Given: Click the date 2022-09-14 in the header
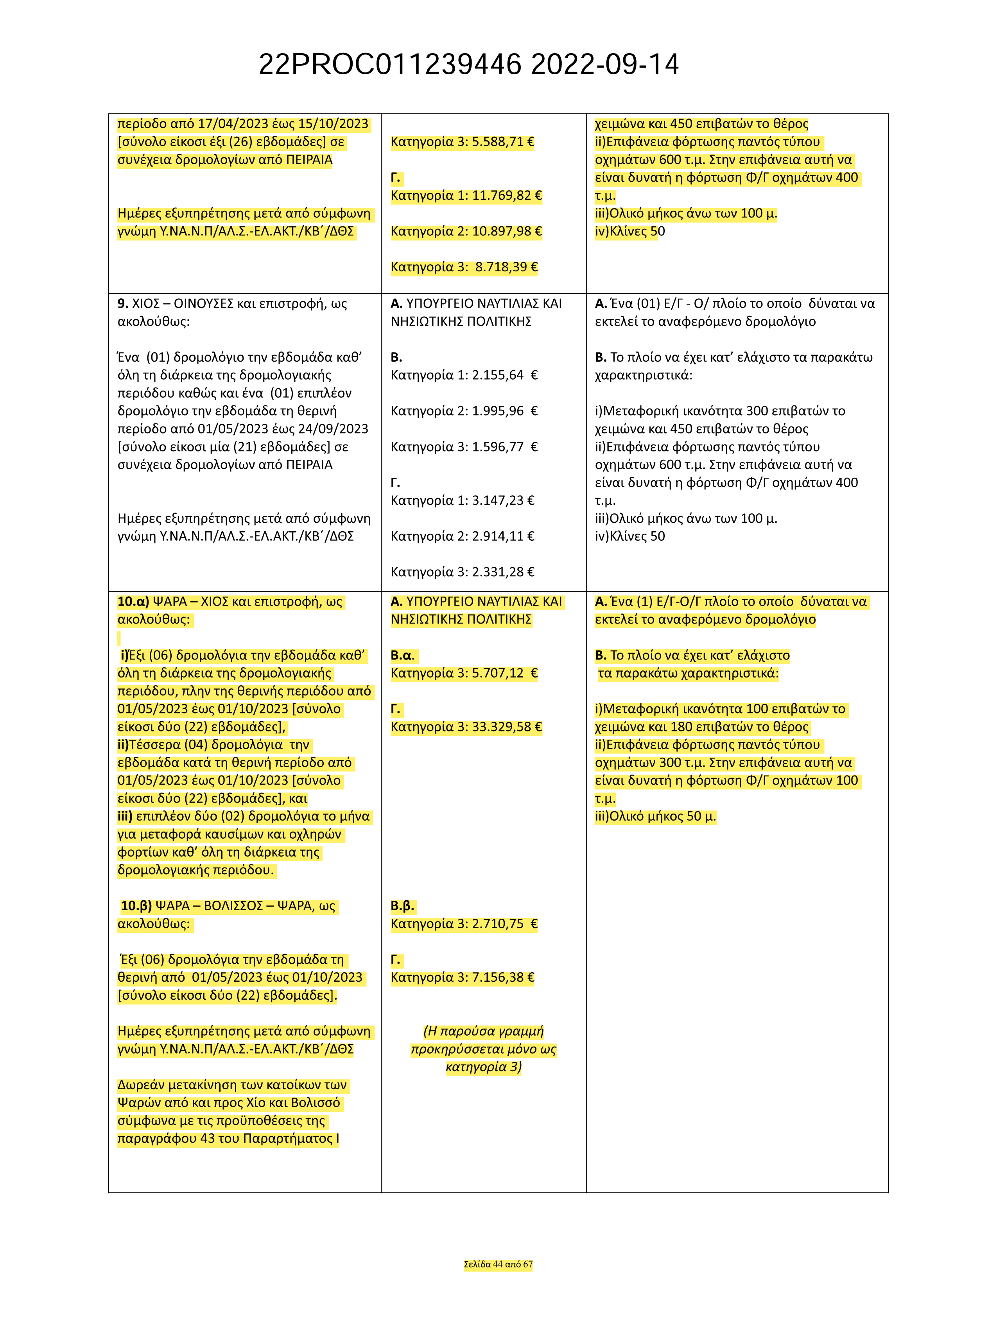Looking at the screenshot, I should pyautogui.click(x=605, y=65).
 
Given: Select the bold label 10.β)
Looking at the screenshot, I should pyautogui.click(x=136, y=906).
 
